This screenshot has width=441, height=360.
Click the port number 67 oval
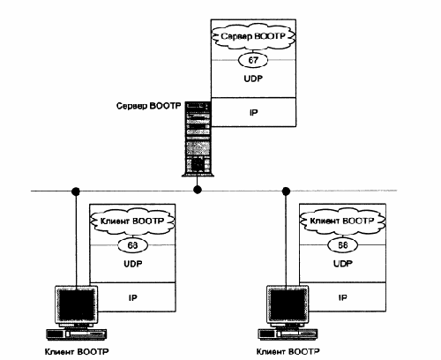click(x=253, y=60)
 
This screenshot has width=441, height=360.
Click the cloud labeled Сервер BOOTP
click(x=253, y=37)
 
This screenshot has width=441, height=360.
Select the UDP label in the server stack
click(x=253, y=79)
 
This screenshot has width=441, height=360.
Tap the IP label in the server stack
click(x=253, y=113)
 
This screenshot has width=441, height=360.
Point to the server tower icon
click(x=198, y=139)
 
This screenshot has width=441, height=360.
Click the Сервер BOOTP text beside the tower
click(x=148, y=106)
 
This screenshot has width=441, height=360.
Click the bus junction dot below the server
click(x=198, y=190)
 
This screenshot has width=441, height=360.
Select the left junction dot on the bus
click(x=76, y=191)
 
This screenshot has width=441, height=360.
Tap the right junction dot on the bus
click(x=286, y=191)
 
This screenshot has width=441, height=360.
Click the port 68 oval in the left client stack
click(x=132, y=245)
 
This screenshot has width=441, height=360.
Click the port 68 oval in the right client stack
click(x=342, y=245)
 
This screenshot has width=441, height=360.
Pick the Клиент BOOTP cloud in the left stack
click(x=132, y=221)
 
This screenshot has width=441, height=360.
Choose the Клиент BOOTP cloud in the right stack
click(x=342, y=221)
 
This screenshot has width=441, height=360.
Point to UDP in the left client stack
click(x=133, y=264)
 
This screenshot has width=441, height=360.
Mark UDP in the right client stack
click(x=343, y=264)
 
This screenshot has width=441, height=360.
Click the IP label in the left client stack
click(x=133, y=297)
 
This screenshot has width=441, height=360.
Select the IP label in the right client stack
click(x=342, y=297)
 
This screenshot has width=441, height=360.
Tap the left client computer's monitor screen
click(x=77, y=304)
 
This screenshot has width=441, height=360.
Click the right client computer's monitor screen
click(x=288, y=304)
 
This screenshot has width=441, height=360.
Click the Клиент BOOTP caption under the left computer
click(x=77, y=352)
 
